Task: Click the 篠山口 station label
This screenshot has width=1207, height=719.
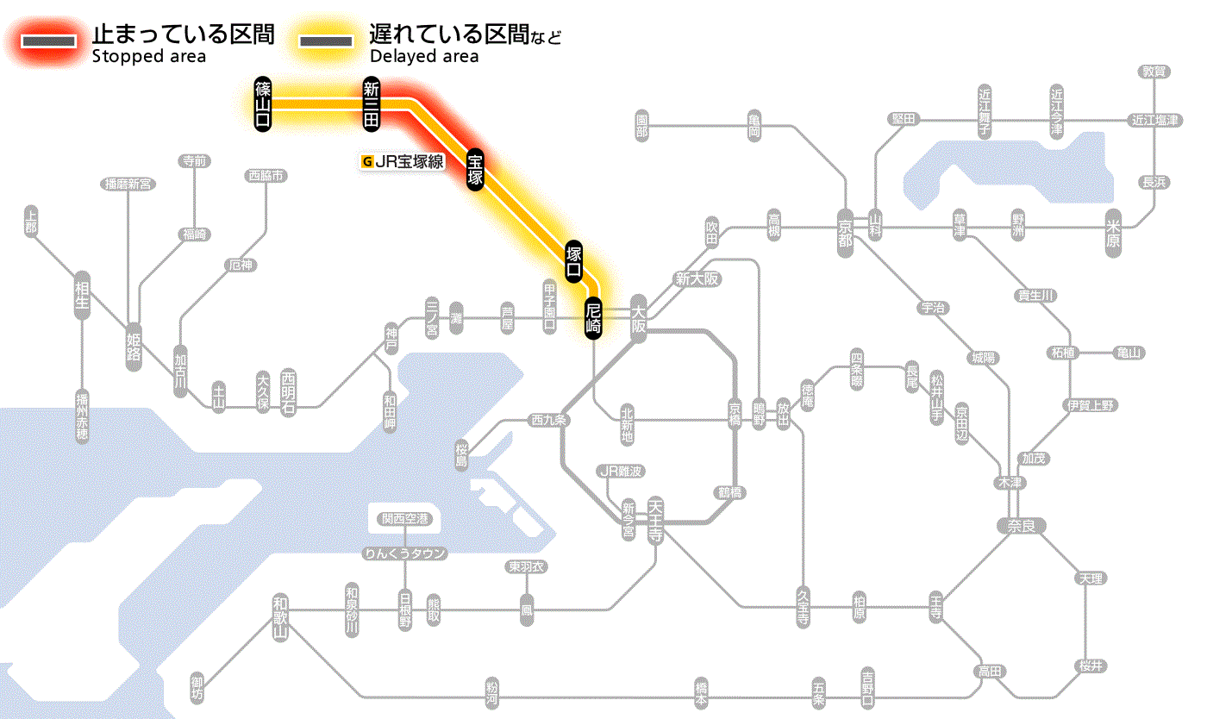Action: click(x=263, y=104)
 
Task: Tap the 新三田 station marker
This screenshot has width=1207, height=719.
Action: click(x=372, y=104)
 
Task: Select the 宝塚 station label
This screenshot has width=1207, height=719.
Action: click(x=475, y=170)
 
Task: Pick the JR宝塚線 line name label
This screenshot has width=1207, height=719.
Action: click(x=403, y=161)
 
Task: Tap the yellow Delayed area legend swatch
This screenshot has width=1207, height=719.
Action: click(x=325, y=41)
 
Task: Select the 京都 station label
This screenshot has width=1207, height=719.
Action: click(x=845, y=228)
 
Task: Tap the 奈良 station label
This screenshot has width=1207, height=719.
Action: click(x=1021, y=525)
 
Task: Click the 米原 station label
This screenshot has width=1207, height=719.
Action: click(x=1114, y=233)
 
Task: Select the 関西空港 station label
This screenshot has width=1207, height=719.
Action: click(x=405, y=519)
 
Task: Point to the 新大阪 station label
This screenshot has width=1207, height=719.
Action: click(x=697, y=278)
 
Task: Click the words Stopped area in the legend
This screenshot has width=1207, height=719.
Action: click(x=149, y=57)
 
